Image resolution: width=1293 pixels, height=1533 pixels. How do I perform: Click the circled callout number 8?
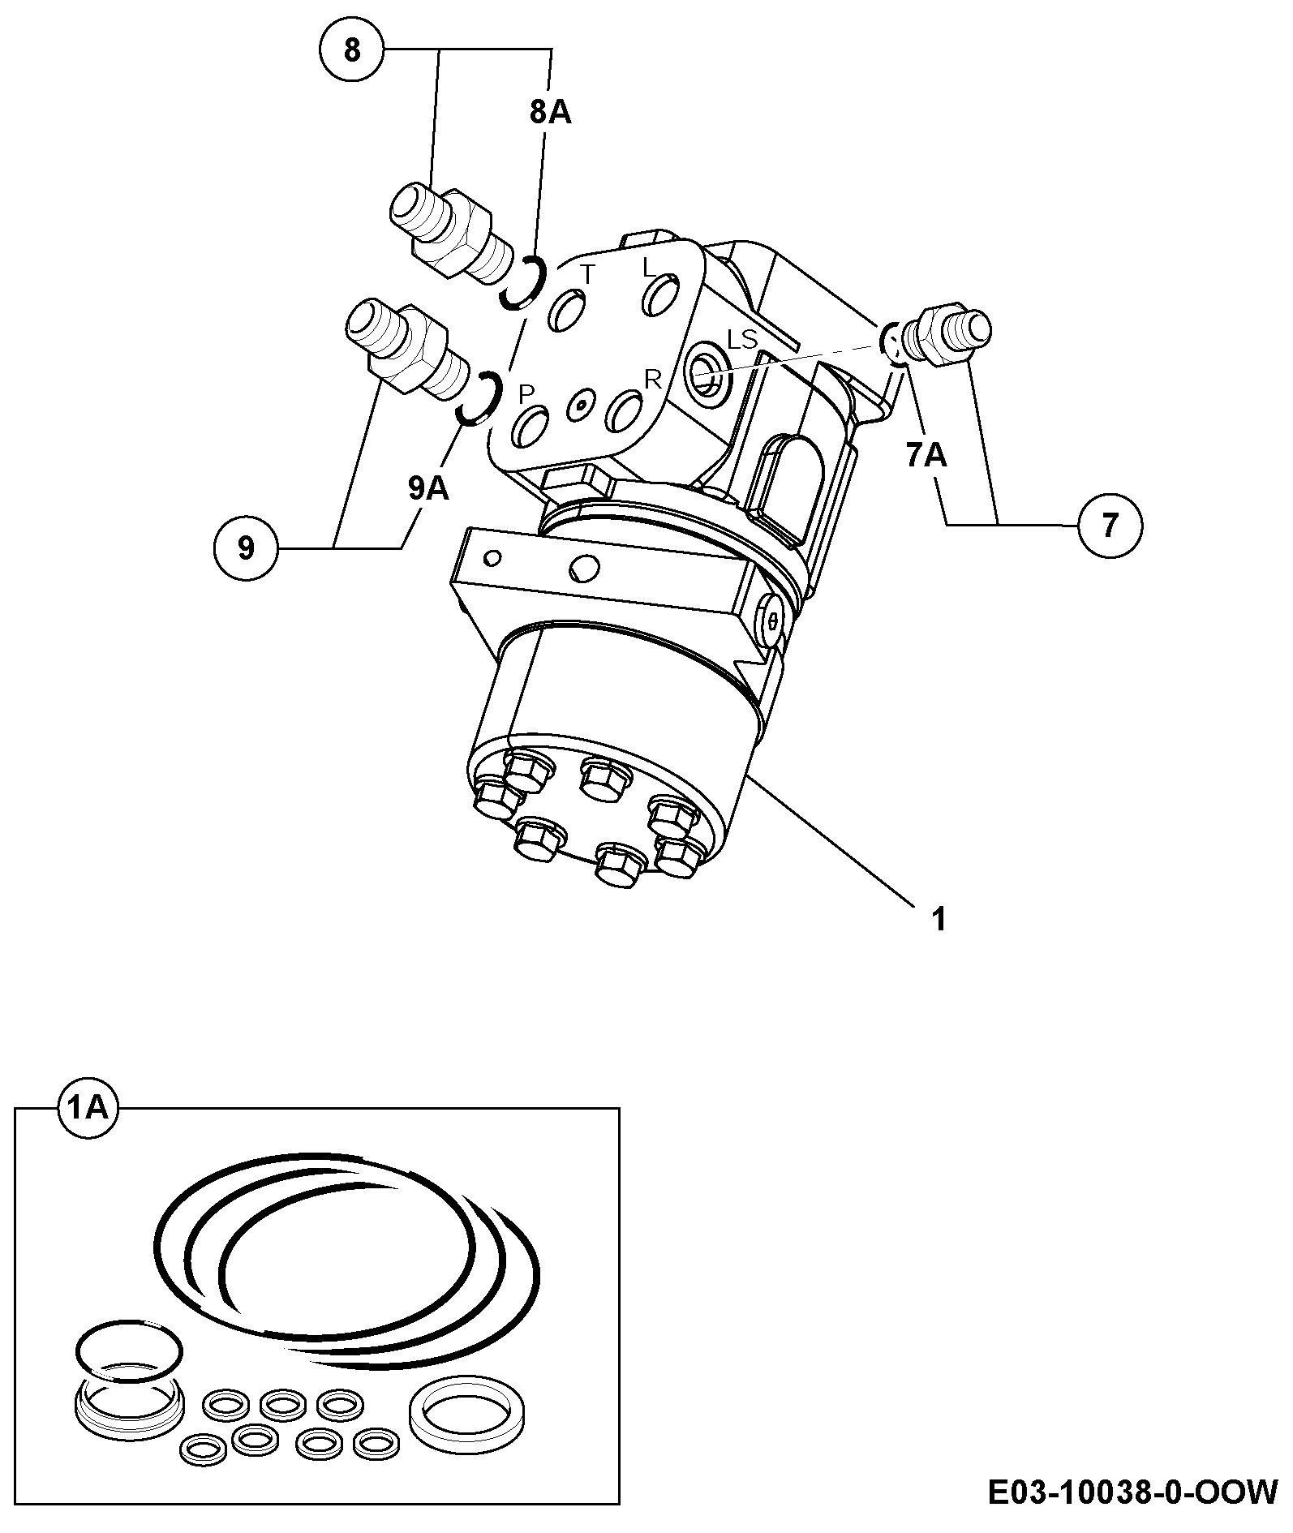[351, 50]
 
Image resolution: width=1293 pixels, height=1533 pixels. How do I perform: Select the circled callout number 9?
[247, 549]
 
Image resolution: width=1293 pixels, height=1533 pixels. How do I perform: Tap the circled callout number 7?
[1110, 525]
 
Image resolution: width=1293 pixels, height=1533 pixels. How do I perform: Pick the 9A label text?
[428, 488]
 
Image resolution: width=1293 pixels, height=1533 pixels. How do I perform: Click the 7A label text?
[926, 457]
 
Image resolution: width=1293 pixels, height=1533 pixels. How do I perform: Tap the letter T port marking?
[590, 275]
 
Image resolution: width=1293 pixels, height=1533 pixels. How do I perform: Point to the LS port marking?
[741, 338]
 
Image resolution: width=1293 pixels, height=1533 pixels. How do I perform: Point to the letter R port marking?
[653, 379]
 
